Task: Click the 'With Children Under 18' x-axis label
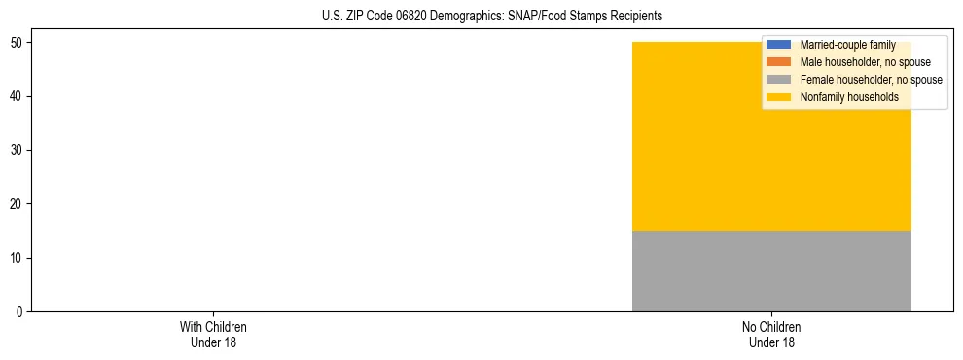[206, 334]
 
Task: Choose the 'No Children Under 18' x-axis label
[771, 334]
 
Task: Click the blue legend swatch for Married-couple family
[779, 45]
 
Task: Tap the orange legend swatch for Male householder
[779, 62]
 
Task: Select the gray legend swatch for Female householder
[779, 80]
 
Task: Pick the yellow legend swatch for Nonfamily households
[779, 97]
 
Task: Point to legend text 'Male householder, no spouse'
[859, 62]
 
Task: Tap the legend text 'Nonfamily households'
[843, 97]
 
